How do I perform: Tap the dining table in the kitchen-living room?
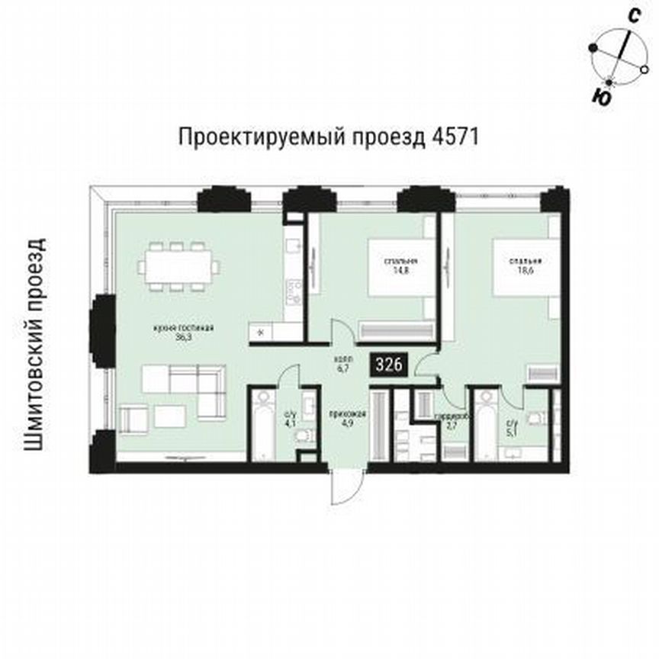click(180, 266)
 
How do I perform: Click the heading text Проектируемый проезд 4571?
click(329, 138)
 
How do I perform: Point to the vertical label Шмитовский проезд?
click(34, 343)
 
